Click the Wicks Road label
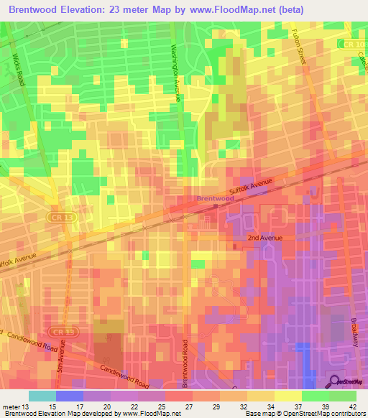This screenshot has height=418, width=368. click(x=18, y=69)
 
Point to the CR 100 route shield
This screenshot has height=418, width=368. click(x=351, y=45)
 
